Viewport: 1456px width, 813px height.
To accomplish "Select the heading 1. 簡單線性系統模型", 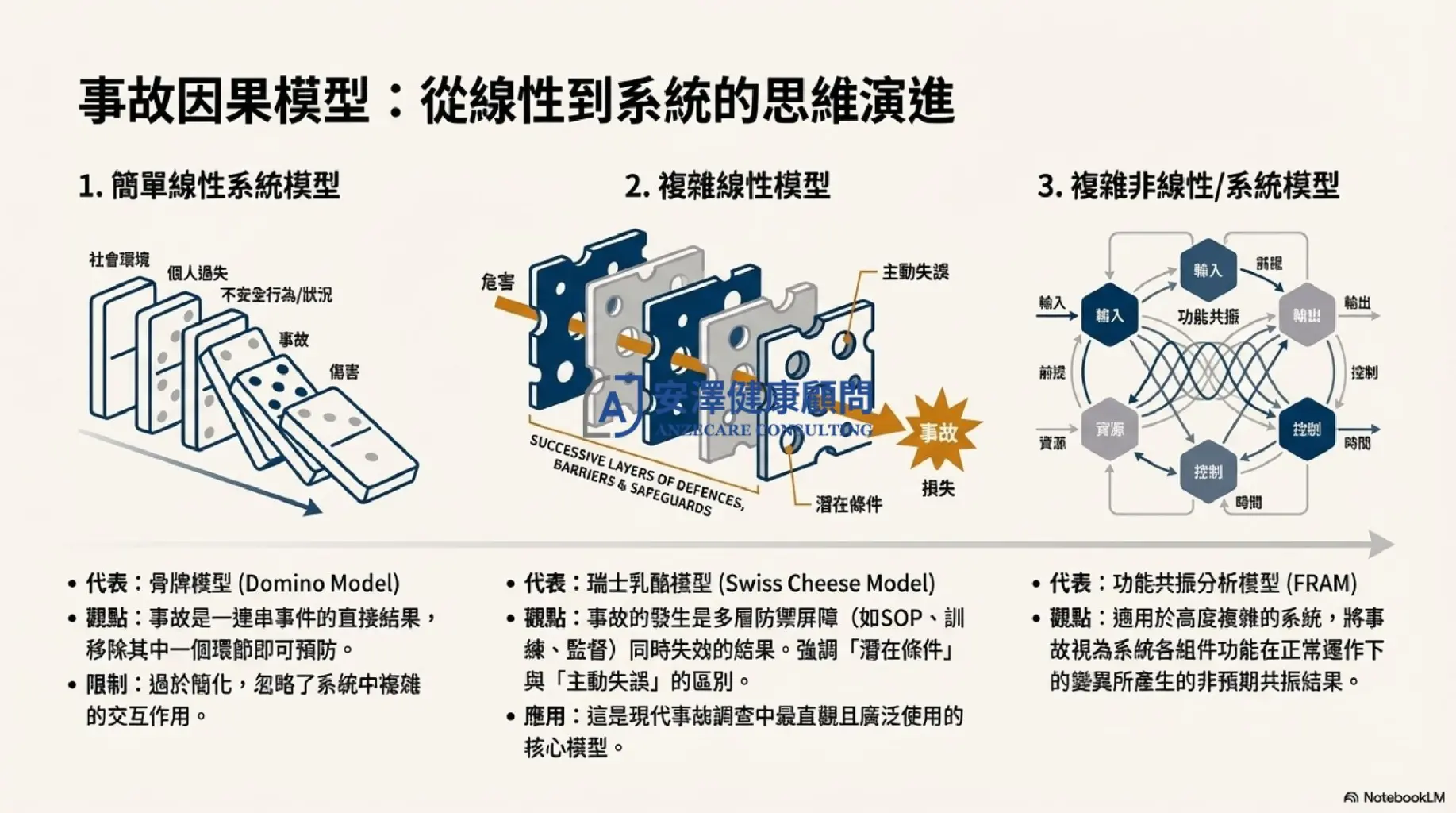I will point(209,187).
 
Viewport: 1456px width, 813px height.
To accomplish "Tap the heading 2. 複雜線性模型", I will point(727,187).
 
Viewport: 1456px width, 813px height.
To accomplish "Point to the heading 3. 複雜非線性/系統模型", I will point(1188,187).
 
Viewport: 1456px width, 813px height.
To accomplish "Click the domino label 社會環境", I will point(119,260).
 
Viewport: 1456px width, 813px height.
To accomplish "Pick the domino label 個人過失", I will point(197,274).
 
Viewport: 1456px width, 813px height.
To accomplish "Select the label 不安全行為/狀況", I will point(277,295).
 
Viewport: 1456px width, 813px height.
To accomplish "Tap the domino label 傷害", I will point(344,372).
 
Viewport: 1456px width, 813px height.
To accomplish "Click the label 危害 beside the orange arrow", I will point(497,282).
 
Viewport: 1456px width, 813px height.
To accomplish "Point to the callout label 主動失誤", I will point(915,272).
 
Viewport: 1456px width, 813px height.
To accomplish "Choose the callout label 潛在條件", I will point(848,504).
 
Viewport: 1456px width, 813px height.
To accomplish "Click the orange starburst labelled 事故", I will point(939,433).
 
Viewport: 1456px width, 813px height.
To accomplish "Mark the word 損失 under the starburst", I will point(938,488).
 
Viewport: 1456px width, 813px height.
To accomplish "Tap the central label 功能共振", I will point(1208,317).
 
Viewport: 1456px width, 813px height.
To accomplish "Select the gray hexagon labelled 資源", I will point(1109,430).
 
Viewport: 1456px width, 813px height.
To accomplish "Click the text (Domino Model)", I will point(319,584).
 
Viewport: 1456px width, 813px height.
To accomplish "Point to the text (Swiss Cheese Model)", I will point(827,584).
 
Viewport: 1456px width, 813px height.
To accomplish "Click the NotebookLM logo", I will point(1394,797).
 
